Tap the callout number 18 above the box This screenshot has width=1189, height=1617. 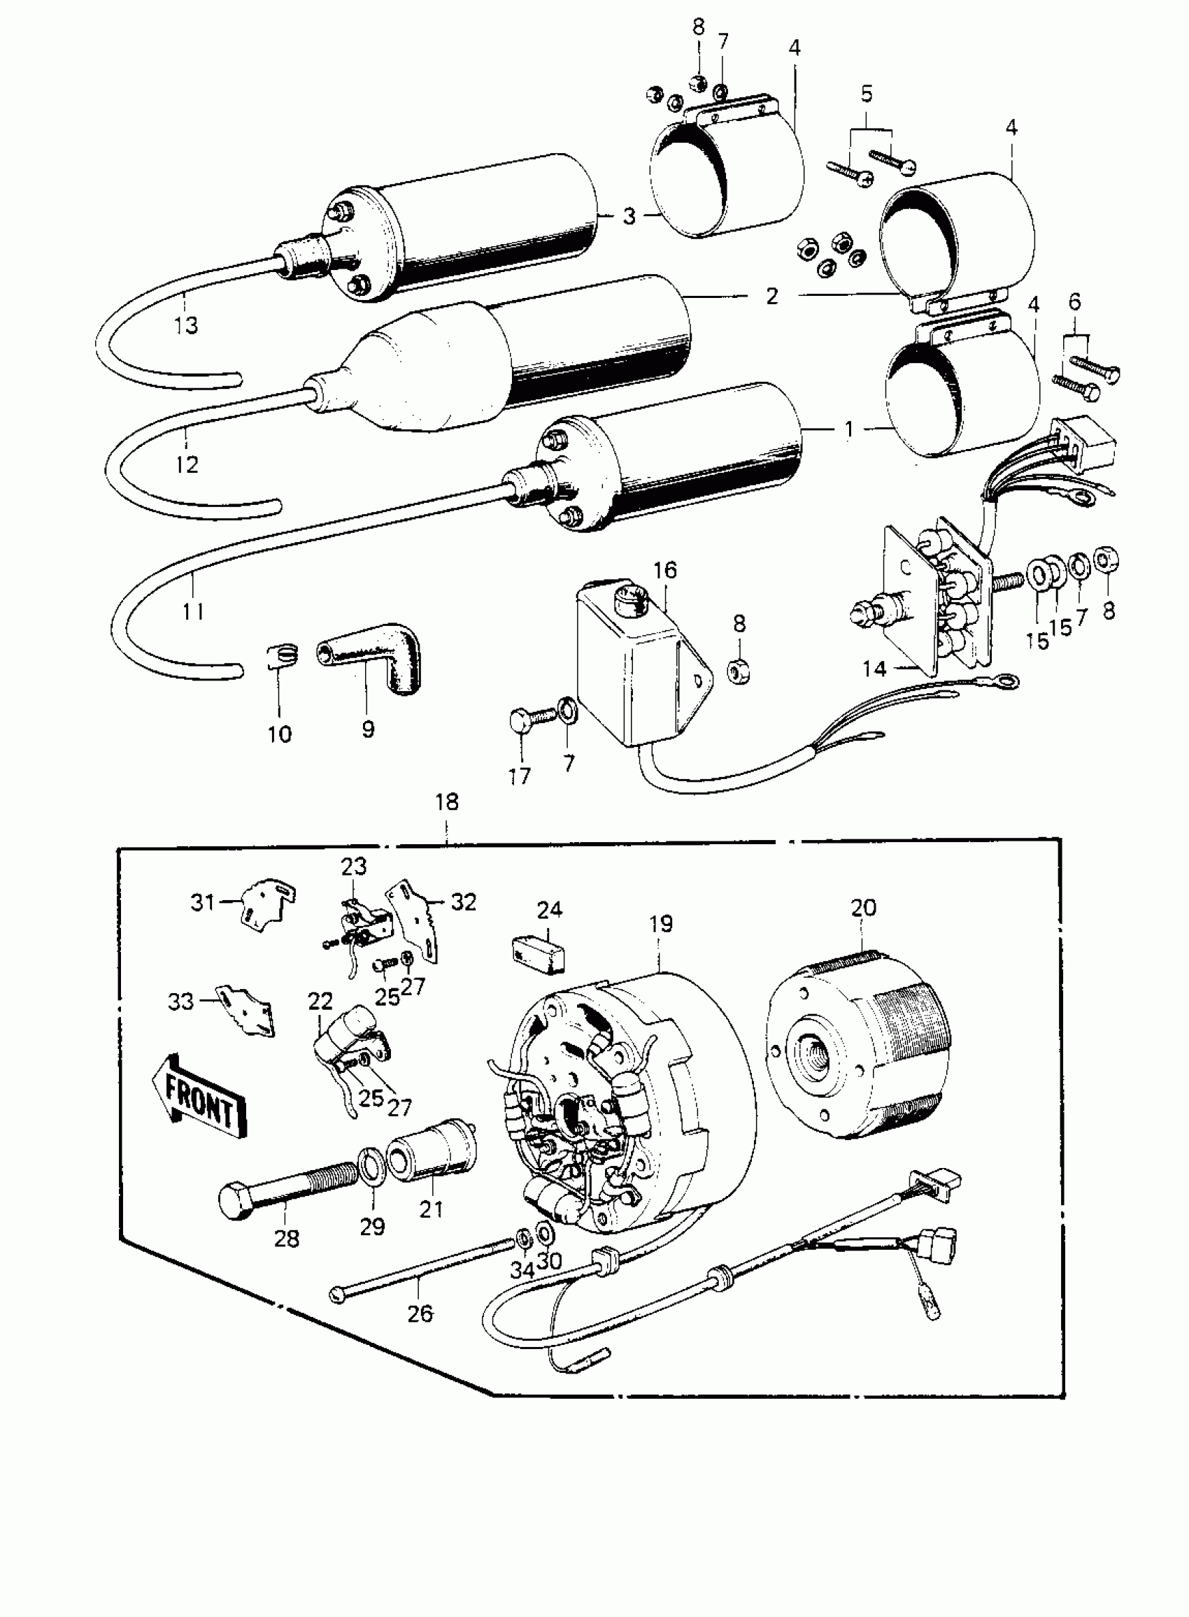(447, 802)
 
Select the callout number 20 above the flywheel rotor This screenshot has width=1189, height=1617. (863, 909)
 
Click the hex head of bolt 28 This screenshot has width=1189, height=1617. (236, 1199)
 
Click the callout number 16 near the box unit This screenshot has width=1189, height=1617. (665, 571)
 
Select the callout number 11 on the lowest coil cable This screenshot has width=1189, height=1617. (193, 611)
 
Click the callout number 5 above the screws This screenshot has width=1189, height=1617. (867, 94)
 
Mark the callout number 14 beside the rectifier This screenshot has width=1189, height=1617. (874, 669)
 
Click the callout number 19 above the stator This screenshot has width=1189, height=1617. (660, 924)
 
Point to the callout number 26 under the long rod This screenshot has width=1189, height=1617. (420, 1313)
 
